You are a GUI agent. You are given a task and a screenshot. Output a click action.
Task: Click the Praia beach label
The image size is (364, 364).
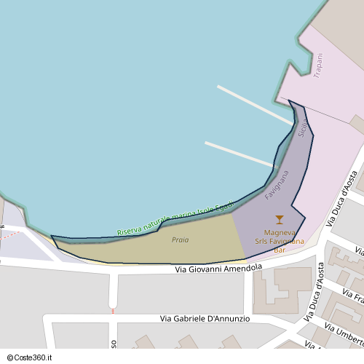pos(180,240)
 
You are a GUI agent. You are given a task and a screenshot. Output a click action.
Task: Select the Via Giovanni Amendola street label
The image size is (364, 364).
pos(218,269)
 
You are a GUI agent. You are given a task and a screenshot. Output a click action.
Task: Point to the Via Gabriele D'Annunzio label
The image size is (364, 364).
pos(205,319)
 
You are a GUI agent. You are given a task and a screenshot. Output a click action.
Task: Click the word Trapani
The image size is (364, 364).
pos(317,66)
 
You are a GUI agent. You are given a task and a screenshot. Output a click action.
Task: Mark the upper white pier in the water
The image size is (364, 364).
pos(255,105)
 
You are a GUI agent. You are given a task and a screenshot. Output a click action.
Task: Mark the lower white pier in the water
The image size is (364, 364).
pos(240,154)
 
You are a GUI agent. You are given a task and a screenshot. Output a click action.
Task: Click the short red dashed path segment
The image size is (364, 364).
pos(113,311)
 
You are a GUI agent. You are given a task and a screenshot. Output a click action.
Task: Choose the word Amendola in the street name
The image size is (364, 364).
pos(242,269)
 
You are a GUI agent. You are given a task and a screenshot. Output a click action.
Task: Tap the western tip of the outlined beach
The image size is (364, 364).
pos(52,237)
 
